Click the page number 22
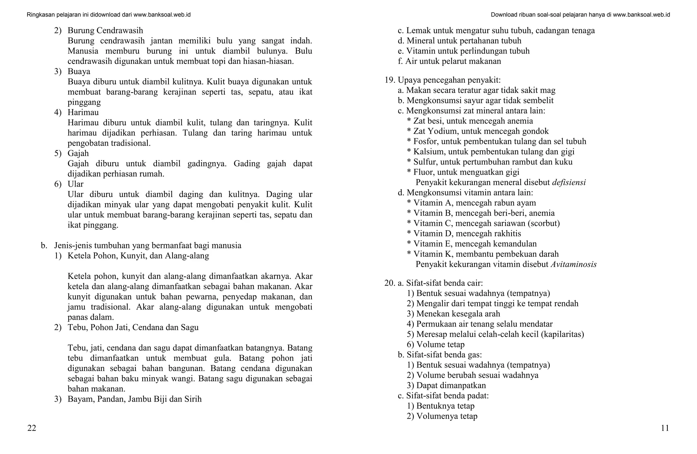coord(32,428)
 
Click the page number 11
coord(665,428)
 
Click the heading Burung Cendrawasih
coord(105,31)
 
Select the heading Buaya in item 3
coord(79,71)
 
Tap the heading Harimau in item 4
coord(83,112)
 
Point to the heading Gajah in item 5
coord(78,153)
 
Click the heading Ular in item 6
coord(76,184)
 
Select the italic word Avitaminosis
coord(573,265)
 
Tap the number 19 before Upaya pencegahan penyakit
coord(389,80)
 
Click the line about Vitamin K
coord(483,254)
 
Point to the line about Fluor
coord(463,172)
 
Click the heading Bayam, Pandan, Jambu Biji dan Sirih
coord(134,399)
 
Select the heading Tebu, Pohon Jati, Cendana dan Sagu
coord(133,327)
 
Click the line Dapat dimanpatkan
coord(446,385)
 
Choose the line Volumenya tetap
coord(442,416)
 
